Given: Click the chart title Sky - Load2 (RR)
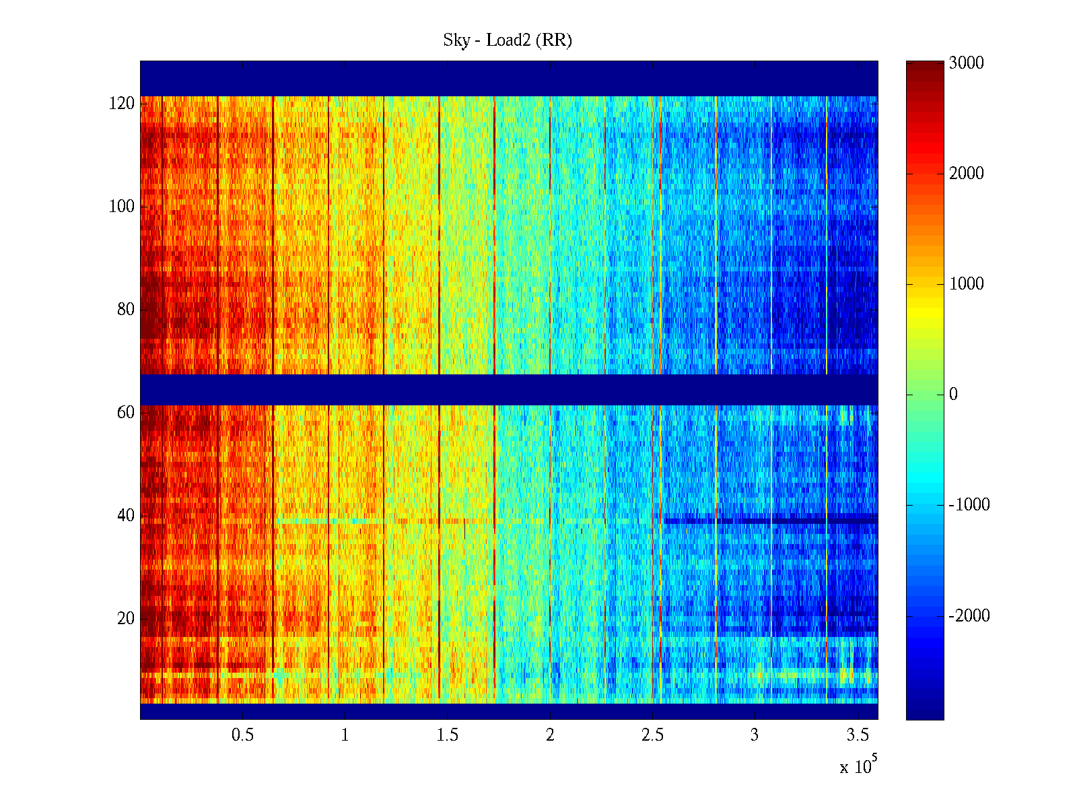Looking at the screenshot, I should pyautogui.click(x=508, y=40).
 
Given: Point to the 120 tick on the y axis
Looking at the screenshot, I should pyautogui.click(x=122, y=104).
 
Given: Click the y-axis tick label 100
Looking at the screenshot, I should pyautogui.click(x=122, y=207).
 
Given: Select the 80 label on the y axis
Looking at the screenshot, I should pyautogui.click(x=126, y=310).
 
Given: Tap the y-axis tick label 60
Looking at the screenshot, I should pyautogui.click(x=126, y=413).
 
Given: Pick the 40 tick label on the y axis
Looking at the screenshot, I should pyautogui.click(x=126, y=516).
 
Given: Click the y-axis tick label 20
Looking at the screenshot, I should pyautogui.click(x=126, y=619).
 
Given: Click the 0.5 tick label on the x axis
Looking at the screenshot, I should pyautogui.click(x=242, y=735).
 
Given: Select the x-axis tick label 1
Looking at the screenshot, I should pyautogui.click(x=345, y=735).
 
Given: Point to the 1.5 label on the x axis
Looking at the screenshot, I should pyautogui.click(x=448, y=735).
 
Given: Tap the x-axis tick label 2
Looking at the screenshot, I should pyautogui.click(x=550, y=735).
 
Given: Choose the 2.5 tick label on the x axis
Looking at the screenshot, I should pyautogui.click(x=652, y=735).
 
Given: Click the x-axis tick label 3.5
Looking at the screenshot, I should pyautogui.click(x=858, y=735).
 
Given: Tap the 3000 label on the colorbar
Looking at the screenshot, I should pyautogui.click(x=967, y=63).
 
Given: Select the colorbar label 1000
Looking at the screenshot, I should pyautogui.click(x=967, y=284).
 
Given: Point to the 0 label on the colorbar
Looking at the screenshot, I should pyautogui.click(x=953, y=395).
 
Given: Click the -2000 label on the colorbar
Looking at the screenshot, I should pyautogui.click(x=969, y=615).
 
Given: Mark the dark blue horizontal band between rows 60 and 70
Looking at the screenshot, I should pyautogui.click(x=509, y=389).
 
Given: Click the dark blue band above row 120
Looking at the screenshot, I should pyautogui.click(x=509, y=78).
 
